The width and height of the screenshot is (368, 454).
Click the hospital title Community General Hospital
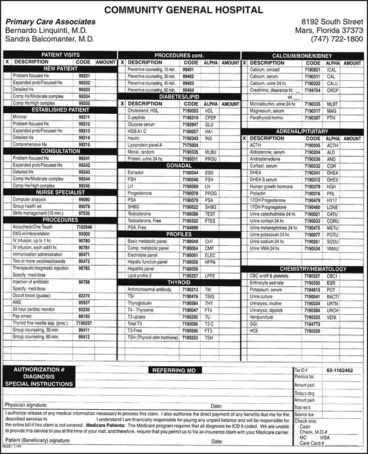pos(184,10)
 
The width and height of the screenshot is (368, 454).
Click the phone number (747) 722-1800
pos(337,39)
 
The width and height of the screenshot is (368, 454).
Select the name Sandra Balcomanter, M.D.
pos(50,39)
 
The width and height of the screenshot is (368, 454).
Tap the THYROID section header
pos(179,282)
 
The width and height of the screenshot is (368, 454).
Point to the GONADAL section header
pos(179,165)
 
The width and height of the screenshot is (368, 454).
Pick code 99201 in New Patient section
pos(84,76)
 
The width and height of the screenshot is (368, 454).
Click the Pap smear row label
pos(23,315)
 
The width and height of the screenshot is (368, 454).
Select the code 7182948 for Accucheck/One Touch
pos(84,226)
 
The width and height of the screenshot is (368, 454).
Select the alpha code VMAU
pos(332,248)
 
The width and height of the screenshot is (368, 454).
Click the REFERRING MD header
pos(174,370)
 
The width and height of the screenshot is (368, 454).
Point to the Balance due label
pos(304,414)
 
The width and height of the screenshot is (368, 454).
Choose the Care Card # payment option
pos(313,442)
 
